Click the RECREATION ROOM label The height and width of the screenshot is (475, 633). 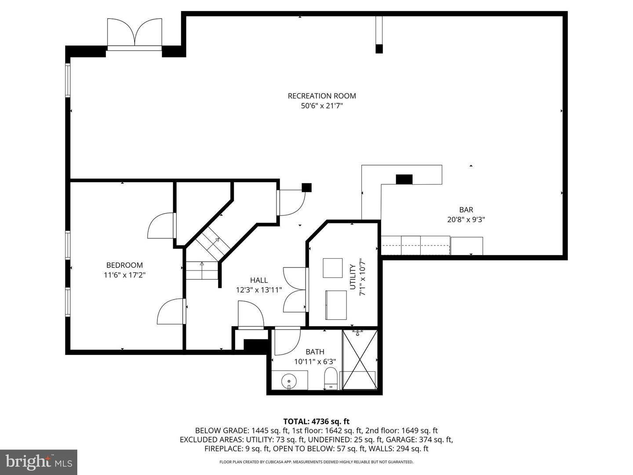click(322, 96)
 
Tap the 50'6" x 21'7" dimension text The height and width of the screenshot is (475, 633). click(322, 106)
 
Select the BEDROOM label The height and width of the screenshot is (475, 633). click(124, 265)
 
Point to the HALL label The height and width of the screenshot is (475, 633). click(259, 280)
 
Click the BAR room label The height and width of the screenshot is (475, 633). click(466, 210)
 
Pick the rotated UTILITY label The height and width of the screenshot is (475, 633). click(352, 277)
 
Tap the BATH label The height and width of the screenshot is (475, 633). click(315, 352)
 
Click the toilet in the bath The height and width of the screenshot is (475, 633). click(331, 379)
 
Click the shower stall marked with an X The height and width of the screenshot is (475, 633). click(360, 360)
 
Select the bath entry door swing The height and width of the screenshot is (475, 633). click(287, 341)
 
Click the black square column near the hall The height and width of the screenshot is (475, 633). click(307, 187)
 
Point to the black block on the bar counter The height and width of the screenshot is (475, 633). click(404, 179)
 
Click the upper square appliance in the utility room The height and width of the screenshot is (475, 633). click(333, 268)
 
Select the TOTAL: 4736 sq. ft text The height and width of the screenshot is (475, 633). click(316, 421)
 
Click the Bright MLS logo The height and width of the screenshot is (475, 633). click(39, 462)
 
